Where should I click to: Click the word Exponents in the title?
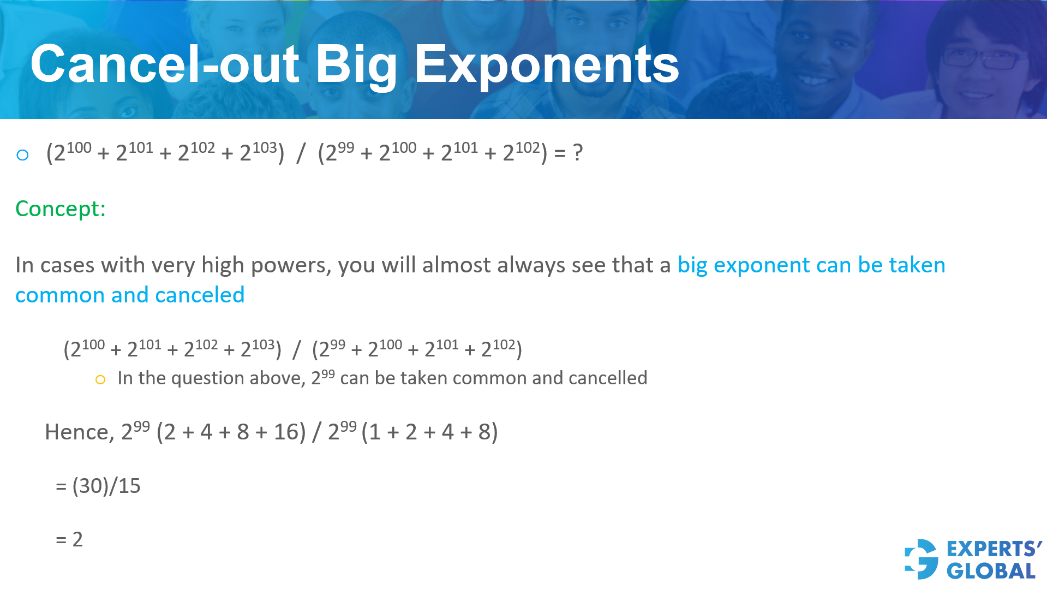[x=547, y=66]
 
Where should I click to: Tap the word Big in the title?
[x=356, y=66]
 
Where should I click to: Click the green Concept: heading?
[x=61, y=209]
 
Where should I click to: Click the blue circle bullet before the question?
[x=22, y=155]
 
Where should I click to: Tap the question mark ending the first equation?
[x=578, y=152]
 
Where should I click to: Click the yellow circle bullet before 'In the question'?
[x=100, y=379]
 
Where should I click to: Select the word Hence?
[x=79, y=432]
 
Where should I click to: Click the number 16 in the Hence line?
[x=286, y=432]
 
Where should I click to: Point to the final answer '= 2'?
[x=69, y=539]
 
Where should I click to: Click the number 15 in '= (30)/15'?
[x=129, y=486]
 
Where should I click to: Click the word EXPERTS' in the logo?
[x=994, y=549]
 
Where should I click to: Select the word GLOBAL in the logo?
[x=991, y=571]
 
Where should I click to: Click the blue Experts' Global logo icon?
[x=922, y=559]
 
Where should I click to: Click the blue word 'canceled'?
[x=200, y=295]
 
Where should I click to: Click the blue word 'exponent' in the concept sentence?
[x=762, y=265]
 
